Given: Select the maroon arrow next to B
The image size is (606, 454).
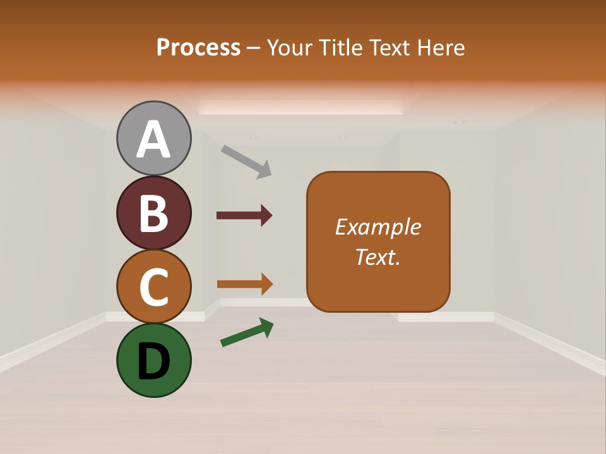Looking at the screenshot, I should [x=244, y=216].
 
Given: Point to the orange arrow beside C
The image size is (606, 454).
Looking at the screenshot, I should [x=244, y=284].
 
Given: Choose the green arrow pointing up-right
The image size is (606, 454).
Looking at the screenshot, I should [x=247, y=332].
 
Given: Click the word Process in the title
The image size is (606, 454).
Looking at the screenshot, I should [x=198, y=48].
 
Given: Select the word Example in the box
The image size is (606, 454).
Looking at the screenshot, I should [x=377, y=227].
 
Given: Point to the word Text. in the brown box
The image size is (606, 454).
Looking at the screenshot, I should [x=377, y=257].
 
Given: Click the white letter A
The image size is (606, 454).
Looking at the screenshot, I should [x=153, y=140].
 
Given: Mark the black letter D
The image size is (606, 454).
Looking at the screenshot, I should [x=153, y=361].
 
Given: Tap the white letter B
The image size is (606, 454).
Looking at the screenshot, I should [x=153, y=213].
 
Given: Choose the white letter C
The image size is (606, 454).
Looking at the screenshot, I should [x=153, y=287].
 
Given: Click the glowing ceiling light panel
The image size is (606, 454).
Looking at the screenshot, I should [x=301, y=107].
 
